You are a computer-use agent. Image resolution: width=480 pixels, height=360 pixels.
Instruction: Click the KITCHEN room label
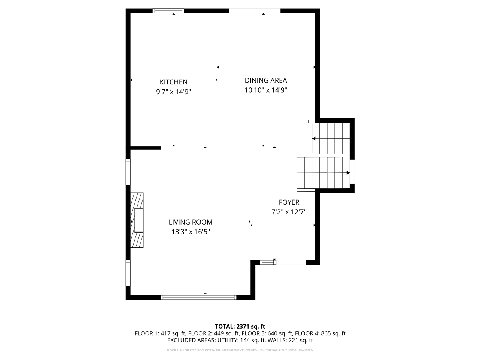tap(173, 82)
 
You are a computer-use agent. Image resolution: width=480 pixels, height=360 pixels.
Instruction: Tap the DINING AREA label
tap(265, 80)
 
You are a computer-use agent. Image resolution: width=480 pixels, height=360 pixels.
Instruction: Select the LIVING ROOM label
tap(190, 222)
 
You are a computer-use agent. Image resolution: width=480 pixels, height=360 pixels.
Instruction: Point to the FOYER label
tap(289, 202)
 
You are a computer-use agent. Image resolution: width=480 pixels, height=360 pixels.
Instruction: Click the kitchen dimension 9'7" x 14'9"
tap(174, 91)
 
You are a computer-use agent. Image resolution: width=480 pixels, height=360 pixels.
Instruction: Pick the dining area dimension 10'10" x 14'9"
tap(266, 90)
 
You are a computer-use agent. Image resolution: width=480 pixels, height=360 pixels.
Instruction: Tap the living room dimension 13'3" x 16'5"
tap(190, 232)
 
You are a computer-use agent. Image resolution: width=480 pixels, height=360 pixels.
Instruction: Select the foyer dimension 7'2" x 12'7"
tap(289, 212)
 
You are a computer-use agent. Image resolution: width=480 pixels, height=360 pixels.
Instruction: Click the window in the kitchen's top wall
tap(168, 11)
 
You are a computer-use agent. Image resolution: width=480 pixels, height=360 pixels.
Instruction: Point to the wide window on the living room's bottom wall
tap(198, 297)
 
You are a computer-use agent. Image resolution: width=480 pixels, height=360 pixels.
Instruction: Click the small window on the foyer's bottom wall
tap(268, 262)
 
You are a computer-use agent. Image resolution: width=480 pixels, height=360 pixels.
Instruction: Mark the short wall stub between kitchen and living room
tap(145, 148)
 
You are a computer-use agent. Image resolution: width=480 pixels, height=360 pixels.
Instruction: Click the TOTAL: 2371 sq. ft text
tap(240, 326)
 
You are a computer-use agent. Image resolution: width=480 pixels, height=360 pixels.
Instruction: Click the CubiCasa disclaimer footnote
tap(240, 350)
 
